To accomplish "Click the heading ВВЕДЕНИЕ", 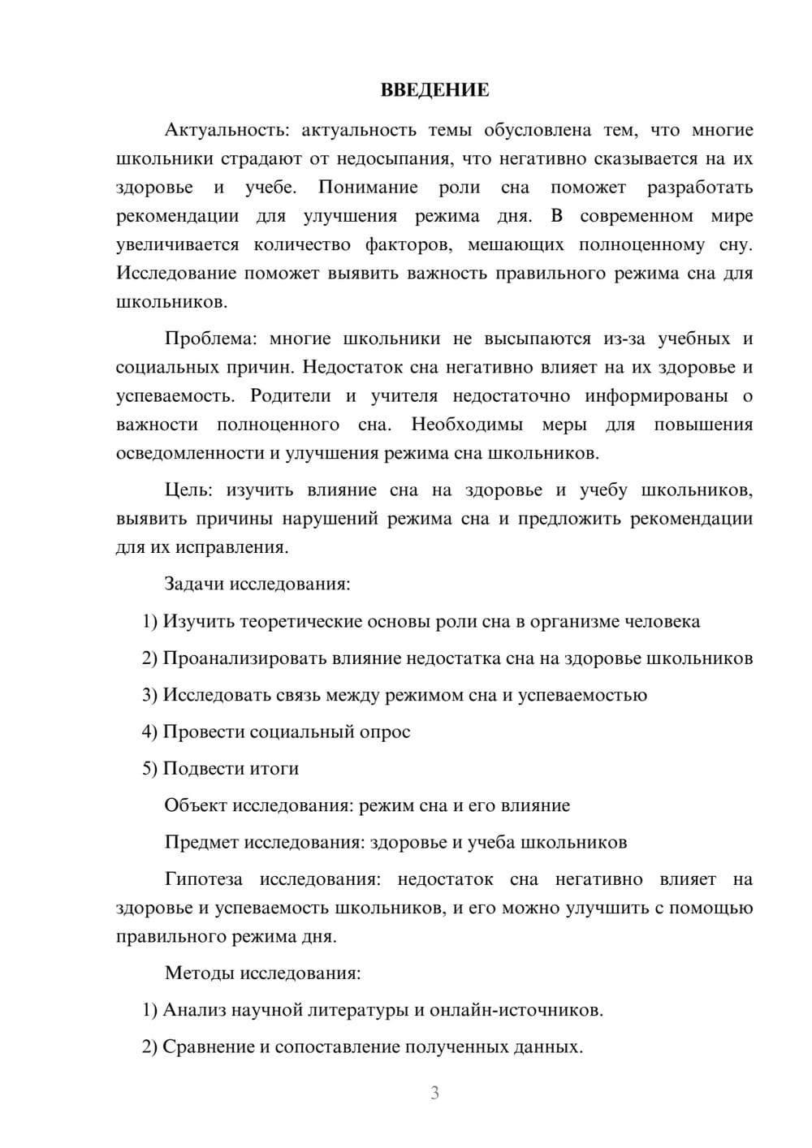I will click(434, 90).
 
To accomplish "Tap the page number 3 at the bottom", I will click(434, 1093).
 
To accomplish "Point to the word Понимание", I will click(368, 188).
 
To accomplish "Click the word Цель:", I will click(188, 490).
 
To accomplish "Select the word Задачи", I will click(195, 584).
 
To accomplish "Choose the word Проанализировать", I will click(244, 658).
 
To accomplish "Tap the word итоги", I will click(274, 769).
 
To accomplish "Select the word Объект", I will click(196, 805).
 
